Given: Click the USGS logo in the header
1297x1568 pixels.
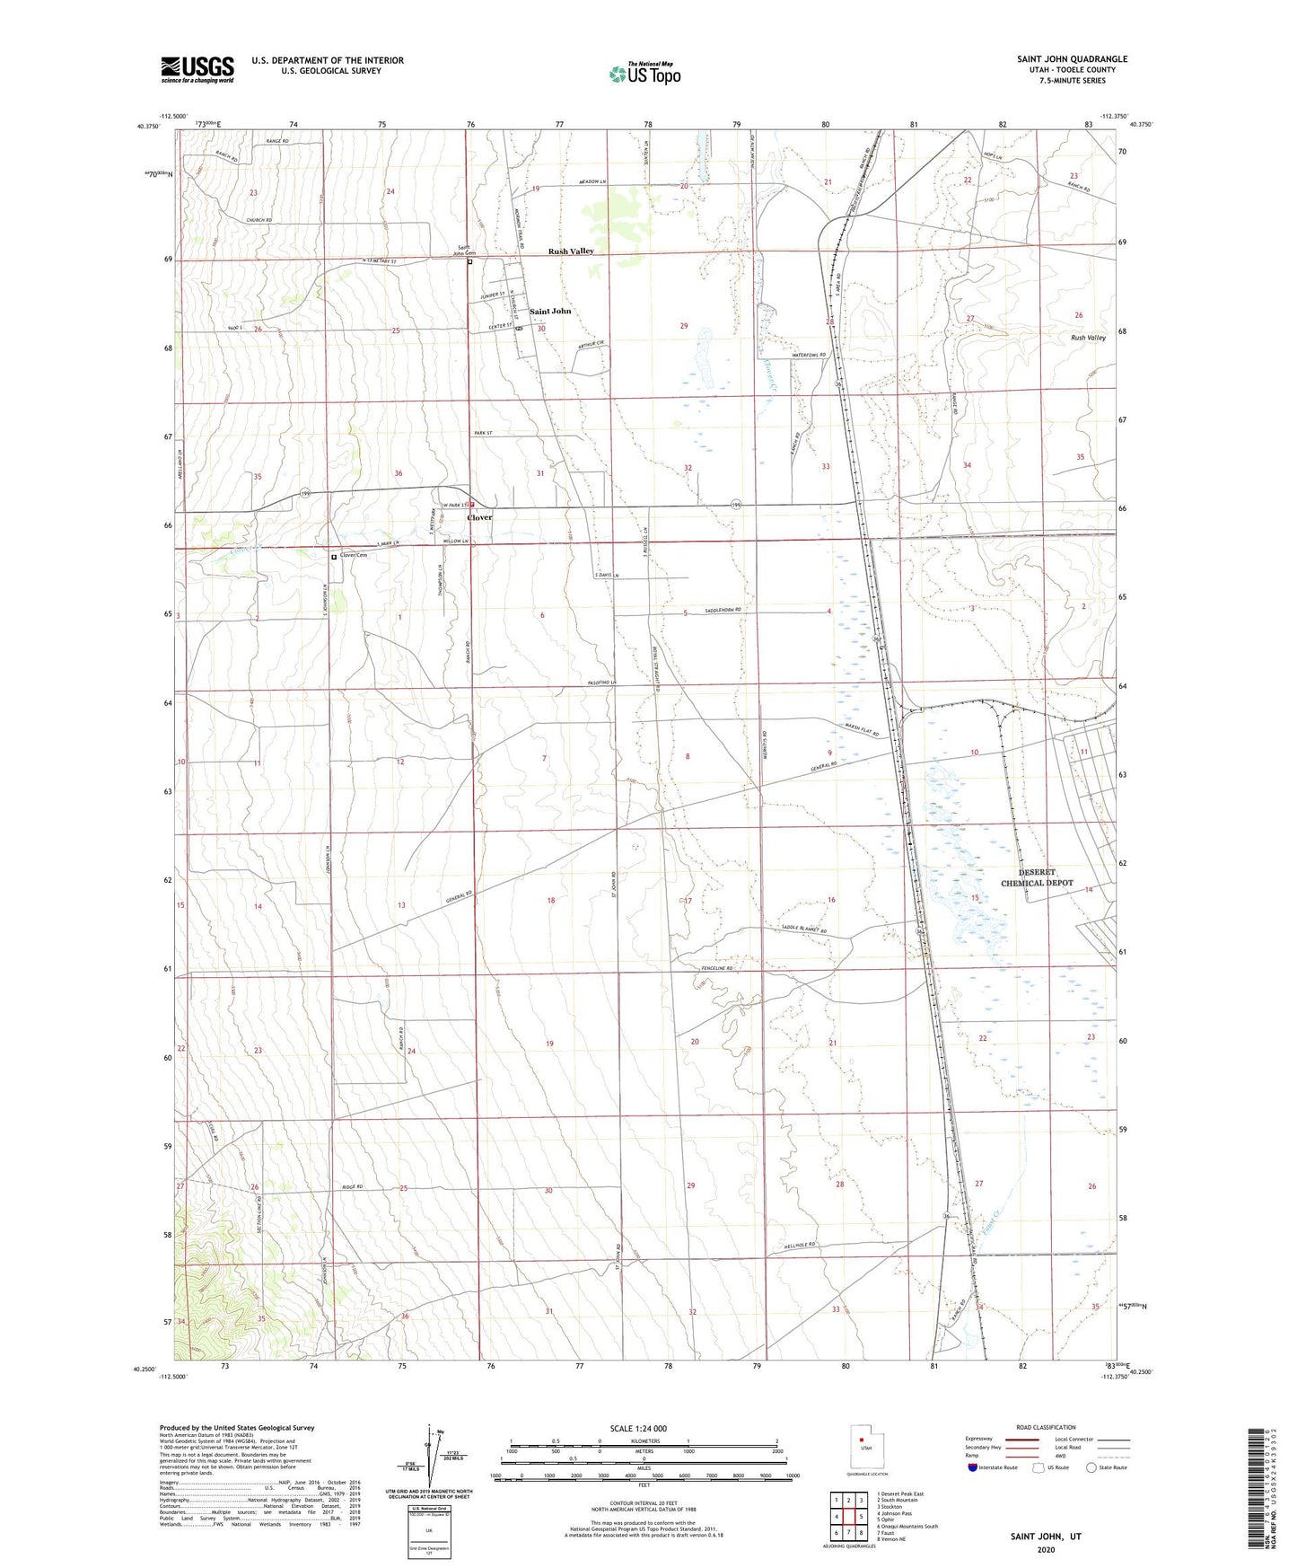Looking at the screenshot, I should click(197, 69).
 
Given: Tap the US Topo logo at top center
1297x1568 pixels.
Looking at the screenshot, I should click(644, 74).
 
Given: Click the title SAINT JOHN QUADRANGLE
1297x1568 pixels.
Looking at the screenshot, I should click(1072, 59).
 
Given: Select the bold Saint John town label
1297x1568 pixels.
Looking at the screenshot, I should click(550, 312).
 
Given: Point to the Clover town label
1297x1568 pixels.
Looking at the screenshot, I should click(479, 518).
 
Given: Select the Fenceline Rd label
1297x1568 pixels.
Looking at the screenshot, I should click(717, 969).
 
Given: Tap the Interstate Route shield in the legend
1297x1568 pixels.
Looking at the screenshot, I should click(975, 1467).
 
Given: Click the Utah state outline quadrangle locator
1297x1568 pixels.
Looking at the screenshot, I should click(864, 1449).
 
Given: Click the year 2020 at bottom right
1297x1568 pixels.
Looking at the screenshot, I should click(1046, 1549).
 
